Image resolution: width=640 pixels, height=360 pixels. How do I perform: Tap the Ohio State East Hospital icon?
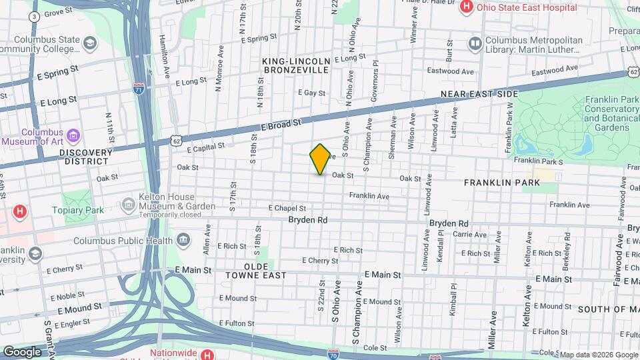tap(467, 7)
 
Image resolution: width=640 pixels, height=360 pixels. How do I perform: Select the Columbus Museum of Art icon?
tap(74, 137)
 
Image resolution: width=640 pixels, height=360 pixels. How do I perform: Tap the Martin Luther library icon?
tap(475, 45)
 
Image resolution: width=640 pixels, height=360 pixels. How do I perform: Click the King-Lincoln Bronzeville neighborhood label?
tap(296, 65)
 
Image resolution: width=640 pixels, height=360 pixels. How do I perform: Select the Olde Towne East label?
tap(246, 275)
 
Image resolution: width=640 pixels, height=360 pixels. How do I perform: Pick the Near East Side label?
tap(479, 94)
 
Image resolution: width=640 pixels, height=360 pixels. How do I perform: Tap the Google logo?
tap(22, 351)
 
